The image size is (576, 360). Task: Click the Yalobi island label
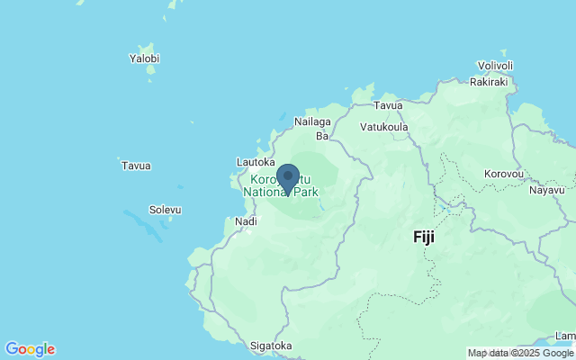click(x=144, y=58)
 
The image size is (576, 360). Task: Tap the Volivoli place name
click(x=495, y=66)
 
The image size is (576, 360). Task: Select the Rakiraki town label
click(x=489, y=81)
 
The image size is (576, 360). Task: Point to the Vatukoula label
click(x=383, y=127)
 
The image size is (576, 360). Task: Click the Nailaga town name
click(x=312, y=121)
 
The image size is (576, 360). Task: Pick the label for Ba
click(x=321, y=137)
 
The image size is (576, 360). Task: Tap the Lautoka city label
click(x=255, y=162)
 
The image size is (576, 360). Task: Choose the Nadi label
click(x=245, y=221)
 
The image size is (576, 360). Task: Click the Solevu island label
click(x=165, y=210)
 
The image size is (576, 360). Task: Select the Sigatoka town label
click(x=270, y=346)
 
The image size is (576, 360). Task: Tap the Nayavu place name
click(x=546, y=190)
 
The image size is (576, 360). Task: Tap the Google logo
click(x=30, y=349)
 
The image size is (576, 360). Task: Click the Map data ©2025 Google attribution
click(x=521, y=354)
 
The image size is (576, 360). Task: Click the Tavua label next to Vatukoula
click(x=388, y=105)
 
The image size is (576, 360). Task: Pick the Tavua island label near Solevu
click(x=136, y=166)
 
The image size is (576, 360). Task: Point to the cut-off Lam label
click(x=565, y=336)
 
